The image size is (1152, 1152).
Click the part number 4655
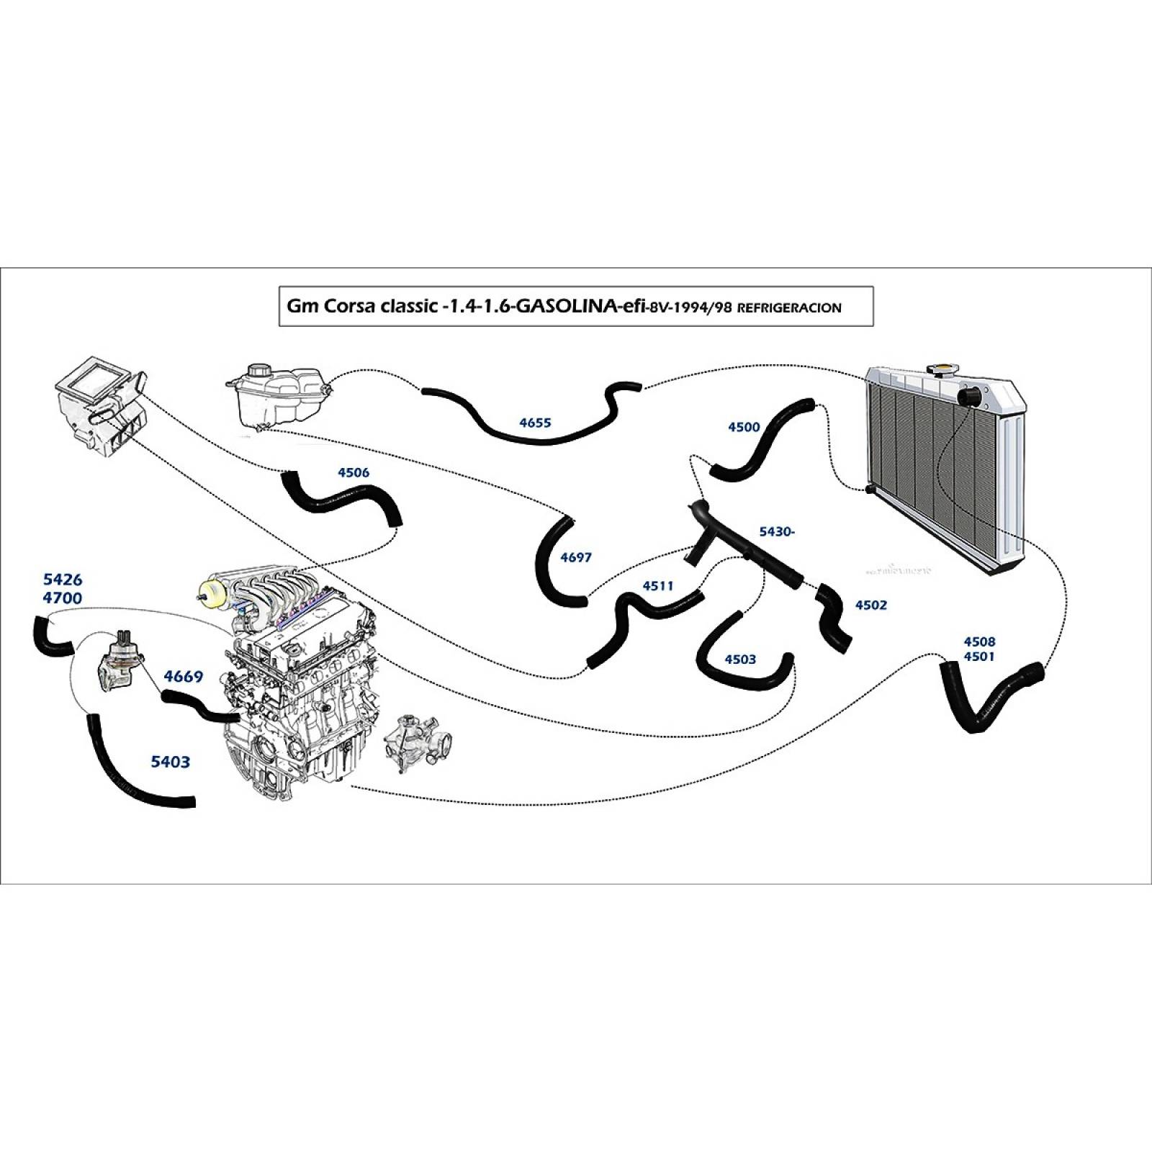[x=534, y=423]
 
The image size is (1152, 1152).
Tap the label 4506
[x=353, y=473]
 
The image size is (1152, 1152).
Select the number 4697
[x=575, y=557]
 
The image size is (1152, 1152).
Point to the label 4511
[x=657, y=586]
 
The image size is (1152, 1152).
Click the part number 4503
[x=740, y=659]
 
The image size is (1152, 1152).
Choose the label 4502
[x=870, y=605]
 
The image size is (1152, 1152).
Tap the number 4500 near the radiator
[x=744, y=427]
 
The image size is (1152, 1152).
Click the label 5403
[x=171, y=761]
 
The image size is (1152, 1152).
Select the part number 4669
[x=183, y=677]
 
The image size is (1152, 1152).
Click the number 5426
[x=63, y=580]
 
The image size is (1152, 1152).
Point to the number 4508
[x=978, y=641]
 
